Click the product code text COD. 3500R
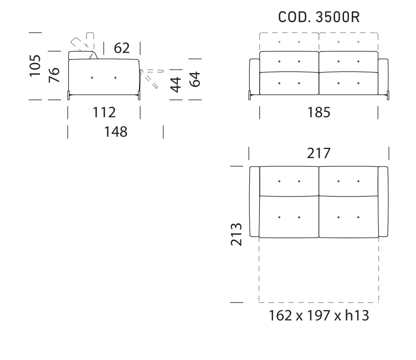[x=319, y=18]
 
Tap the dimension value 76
[x=54, y=75]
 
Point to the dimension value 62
[x=122, y=49]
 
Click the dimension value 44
[x=175, y=84]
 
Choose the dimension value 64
[x=194, y=78]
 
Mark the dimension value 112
[x=104, y=113]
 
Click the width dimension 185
[x=319, y=113]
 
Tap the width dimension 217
[x=319, y=152]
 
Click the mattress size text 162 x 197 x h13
[x=319, y=317]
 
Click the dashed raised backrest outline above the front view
[x=319, y=42]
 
